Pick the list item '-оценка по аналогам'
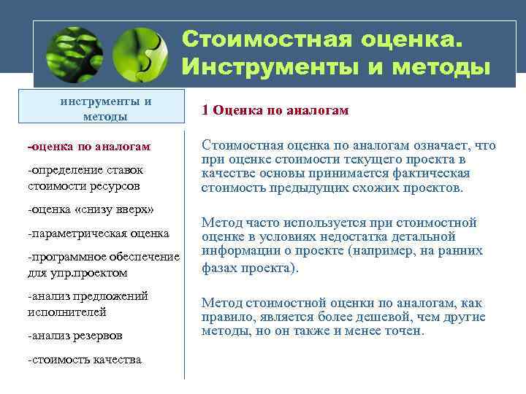coord(88,147)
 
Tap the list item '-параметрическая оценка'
coord(98,234)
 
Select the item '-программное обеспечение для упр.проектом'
coord(102,265)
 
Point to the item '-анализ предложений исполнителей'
coord(87,304)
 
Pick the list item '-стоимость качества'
coord(84,360)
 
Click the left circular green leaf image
coord(75,55)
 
